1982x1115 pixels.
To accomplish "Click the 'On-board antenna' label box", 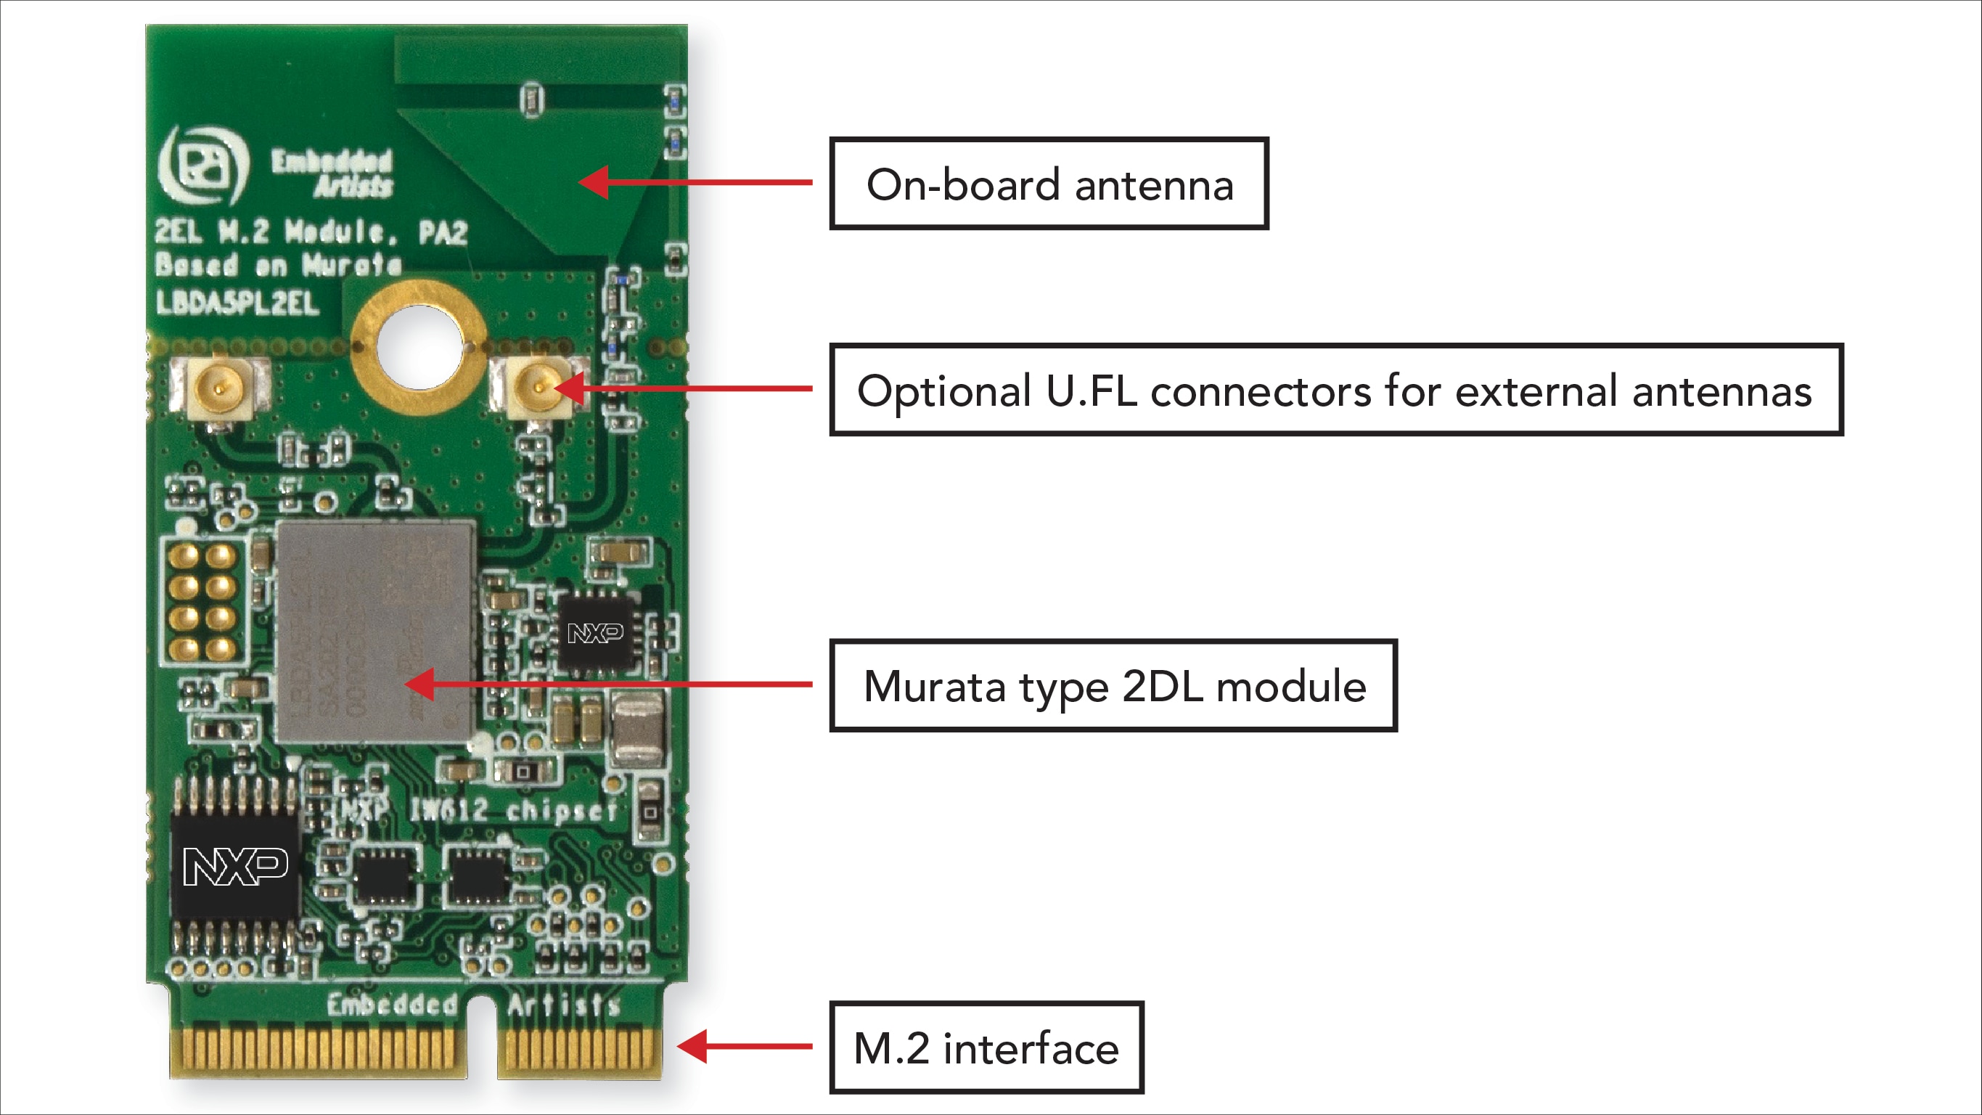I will click(x=1048, y=183).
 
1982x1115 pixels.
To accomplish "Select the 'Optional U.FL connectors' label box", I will click(x=1335, y=389).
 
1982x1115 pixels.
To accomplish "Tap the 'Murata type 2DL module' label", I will click(x=1113, y=685).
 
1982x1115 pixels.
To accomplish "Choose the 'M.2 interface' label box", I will click(x=986, y=1047).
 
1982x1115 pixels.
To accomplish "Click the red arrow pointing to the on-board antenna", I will click(x=692, y=182).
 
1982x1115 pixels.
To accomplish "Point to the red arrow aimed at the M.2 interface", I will click(x=742, y=1046).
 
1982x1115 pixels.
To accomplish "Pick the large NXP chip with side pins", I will click(x=234, y=867).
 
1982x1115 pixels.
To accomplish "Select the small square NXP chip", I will click(x=596, y=632).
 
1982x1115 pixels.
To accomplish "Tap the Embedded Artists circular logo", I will click(x=202, y=165).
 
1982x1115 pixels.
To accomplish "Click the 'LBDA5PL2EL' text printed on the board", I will click(x=237, y=303).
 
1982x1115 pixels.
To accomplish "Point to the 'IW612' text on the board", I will click(x=448, y=809).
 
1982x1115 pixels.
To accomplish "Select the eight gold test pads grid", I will click(x=202, y=601).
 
